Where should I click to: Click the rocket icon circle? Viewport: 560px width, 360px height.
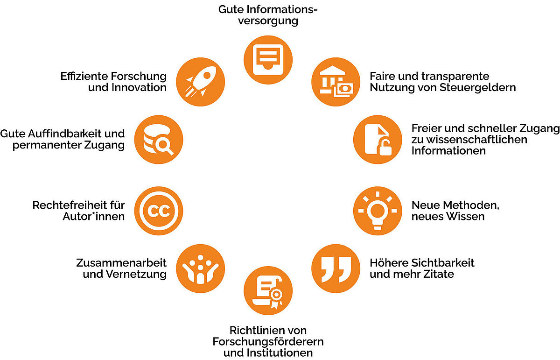click(202, 82)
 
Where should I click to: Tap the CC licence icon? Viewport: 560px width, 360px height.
click(158, 211)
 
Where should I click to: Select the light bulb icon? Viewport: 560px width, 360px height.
click(377, 211)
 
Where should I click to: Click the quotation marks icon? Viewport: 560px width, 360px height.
click(336, 268)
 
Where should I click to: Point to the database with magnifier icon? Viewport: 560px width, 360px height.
click(158, 139)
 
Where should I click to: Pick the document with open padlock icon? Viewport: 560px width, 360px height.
click(377, 139)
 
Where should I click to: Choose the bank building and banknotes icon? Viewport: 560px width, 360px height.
click(336, 82)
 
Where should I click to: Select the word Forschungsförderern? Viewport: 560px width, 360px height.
click(268, 341)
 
